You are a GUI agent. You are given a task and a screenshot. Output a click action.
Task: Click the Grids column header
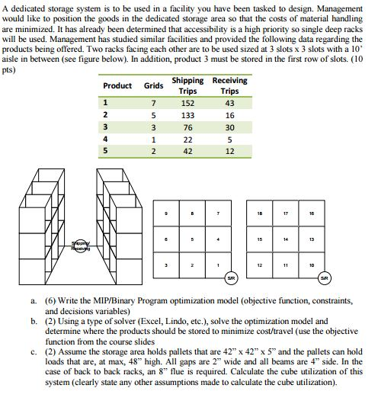click(x=153, y=85)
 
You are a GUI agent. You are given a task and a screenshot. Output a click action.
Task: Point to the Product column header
click(x=117, y=85)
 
